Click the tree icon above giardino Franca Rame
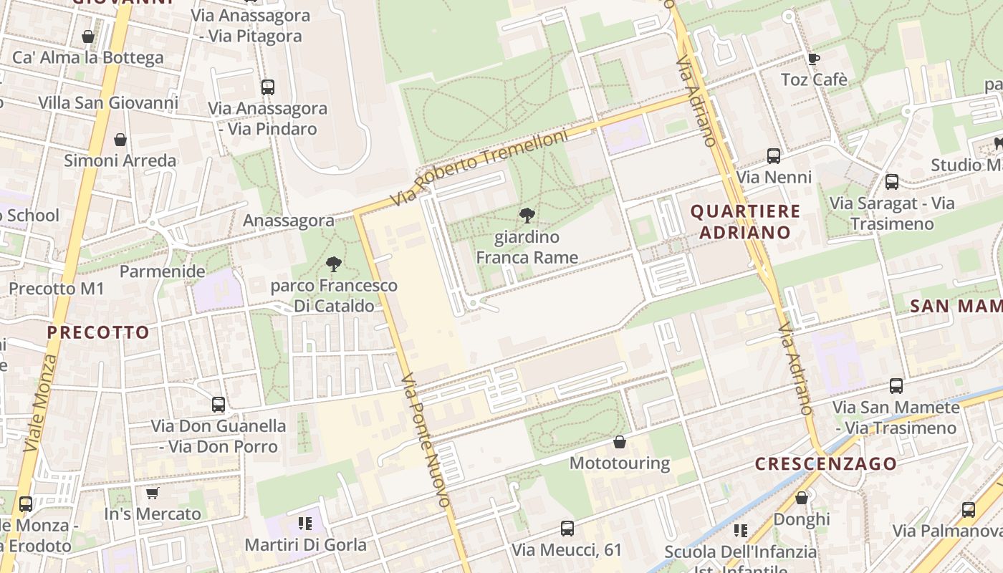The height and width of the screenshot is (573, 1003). point(527,215)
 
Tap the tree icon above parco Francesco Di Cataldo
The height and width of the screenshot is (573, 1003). point(334,264)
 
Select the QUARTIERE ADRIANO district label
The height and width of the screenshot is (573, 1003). point(745,221)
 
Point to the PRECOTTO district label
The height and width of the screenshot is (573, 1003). point(98,332)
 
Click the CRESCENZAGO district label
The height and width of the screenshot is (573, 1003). point(826,463)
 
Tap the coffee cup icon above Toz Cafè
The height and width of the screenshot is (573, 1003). point(813,59)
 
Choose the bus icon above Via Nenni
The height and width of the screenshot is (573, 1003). point(774,155)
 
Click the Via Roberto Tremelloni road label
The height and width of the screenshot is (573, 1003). point(479,168)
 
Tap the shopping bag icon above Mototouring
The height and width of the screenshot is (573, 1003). point(620,442)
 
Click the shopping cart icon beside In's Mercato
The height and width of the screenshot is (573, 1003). point(152,493)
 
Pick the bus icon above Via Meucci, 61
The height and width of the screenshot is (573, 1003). point(567,529)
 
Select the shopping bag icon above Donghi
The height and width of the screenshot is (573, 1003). point(802,497)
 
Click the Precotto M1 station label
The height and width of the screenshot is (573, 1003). point(57,289)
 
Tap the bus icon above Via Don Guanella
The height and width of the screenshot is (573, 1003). point(219,405)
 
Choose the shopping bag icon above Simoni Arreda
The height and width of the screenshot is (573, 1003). point(120,139)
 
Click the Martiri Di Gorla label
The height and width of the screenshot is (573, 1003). point(306,544)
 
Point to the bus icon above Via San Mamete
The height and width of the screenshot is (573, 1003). point(896,386)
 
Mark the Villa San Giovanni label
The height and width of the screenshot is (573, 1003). point(108,102)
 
